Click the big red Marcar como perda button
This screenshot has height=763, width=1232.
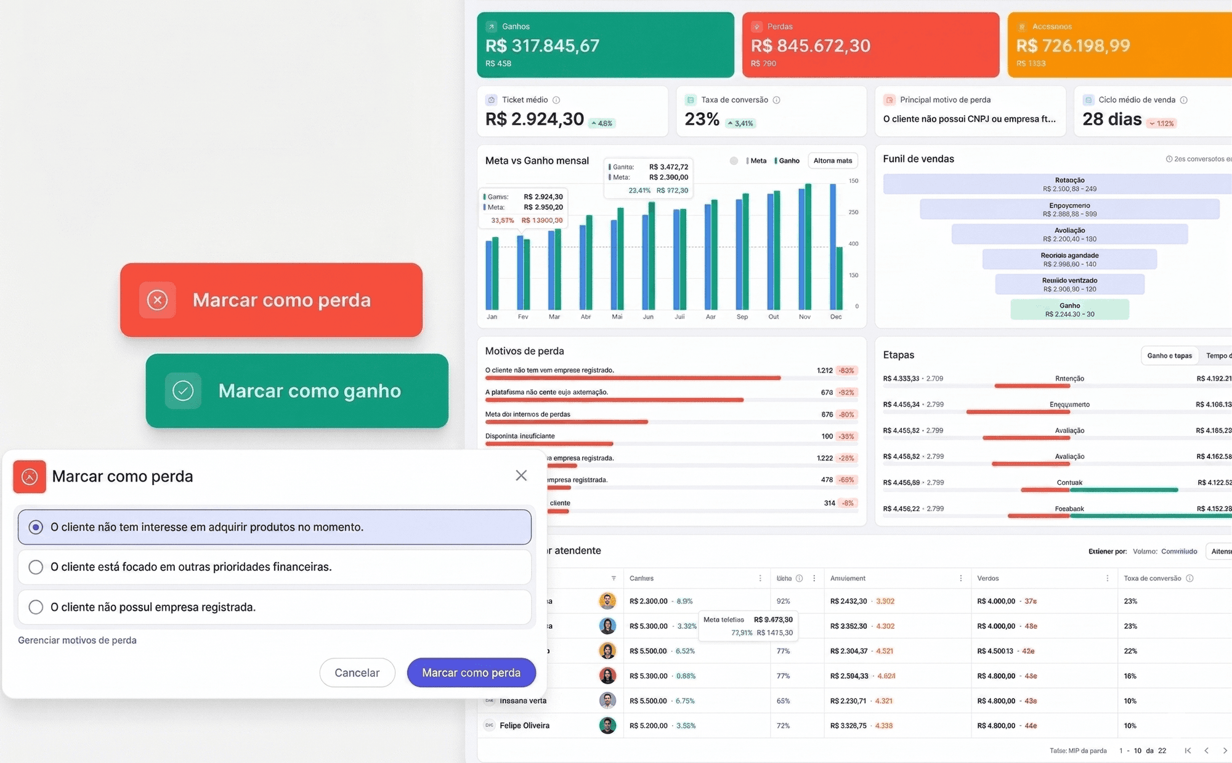click(x=271, y=300)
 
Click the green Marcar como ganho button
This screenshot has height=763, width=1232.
click(x=297, y=390)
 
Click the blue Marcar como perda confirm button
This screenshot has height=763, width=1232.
click(x=471, y=672)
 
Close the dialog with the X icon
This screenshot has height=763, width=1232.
click(x=521, y=475)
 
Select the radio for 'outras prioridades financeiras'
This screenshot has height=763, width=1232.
click(x=36, y=567)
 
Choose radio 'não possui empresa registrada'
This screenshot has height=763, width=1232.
click(x=36, y=607)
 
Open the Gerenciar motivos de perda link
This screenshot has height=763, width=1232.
click(x=77, y=640)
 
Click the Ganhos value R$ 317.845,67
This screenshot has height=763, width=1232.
click(x=542, y=46)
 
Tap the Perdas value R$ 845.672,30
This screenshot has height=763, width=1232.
click(x=810, y=46)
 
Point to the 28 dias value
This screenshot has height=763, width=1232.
click(x=1112, y=119)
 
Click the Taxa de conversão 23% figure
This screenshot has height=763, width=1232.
click(x=702, y=119)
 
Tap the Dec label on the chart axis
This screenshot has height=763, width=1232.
click(x=835, y=317)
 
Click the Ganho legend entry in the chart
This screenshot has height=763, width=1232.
click(x=788, y=161)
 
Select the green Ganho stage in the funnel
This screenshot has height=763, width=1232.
click(x=1069, y=309)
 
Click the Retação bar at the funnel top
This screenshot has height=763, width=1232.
click(x=1069, y=184)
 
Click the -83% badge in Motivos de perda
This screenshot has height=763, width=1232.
click(x=846, y=371)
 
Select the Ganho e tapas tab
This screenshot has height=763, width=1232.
click(x=1169, y=355)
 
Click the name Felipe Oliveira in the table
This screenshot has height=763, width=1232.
click(x=524, y=725)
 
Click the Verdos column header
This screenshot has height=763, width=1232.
click(x=988, y=578)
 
